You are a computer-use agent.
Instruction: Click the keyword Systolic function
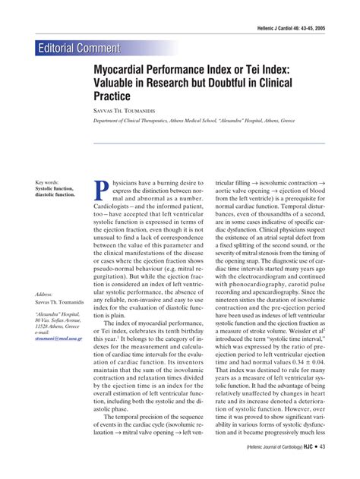tap(55, 188)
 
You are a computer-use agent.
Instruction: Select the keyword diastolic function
tap(55, 195)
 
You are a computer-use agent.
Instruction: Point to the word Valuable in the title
tap(117, 82)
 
